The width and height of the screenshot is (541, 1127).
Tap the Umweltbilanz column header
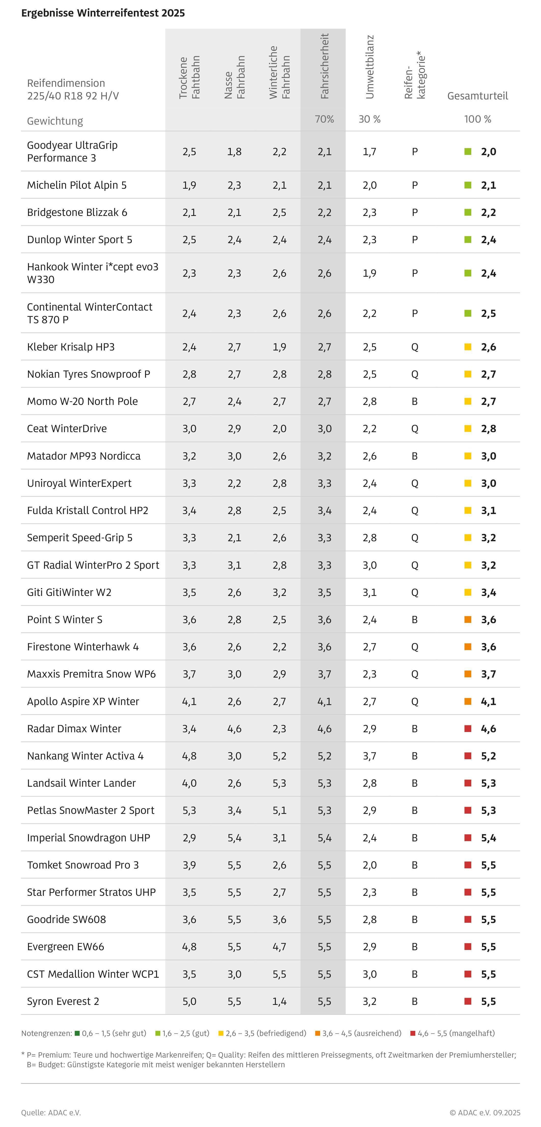369,67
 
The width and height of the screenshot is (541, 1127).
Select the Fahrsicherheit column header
324,66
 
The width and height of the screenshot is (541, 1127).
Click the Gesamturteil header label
477,96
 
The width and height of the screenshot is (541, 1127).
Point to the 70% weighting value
324,119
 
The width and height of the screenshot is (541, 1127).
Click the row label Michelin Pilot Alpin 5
77,185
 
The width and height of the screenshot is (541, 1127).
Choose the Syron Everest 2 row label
63,1001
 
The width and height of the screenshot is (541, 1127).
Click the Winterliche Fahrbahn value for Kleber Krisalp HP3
279,347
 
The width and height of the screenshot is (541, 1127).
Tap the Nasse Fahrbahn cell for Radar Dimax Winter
234,728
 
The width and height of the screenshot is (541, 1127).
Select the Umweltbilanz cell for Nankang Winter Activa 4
369,756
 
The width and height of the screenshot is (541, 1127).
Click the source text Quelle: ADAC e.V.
51,1113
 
